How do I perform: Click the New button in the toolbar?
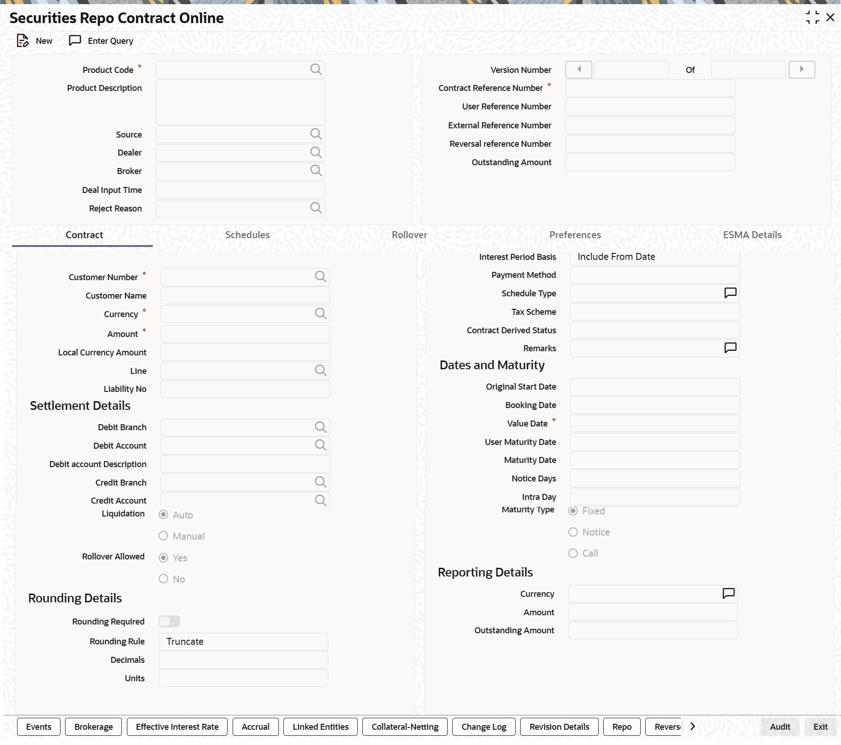tap(35, 41)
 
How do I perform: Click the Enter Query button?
tap(101, 41)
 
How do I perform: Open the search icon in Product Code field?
tap(316, 70)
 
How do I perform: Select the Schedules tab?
tap(247, 235)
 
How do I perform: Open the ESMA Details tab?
tap(752, 235)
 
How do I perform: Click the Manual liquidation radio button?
tap(163, 536)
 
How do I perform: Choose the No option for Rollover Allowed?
tap(163, 579)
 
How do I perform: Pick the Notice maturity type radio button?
tap(573, 532)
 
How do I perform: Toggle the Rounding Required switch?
tap(169, 621)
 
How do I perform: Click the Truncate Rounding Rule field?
tap(243, 642)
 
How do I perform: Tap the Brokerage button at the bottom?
tap(93, 727)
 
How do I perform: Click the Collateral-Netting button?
tap(405, 727)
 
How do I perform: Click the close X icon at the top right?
tap(830, 18)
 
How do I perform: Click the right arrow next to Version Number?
tap(801, 70)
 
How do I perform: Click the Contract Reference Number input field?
tap(649, 88)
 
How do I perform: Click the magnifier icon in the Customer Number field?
tap(320, 277)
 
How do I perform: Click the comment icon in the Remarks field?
tap(730, 348)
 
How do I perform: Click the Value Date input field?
tap(654, 423)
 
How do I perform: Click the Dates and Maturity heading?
tap(492, 365)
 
